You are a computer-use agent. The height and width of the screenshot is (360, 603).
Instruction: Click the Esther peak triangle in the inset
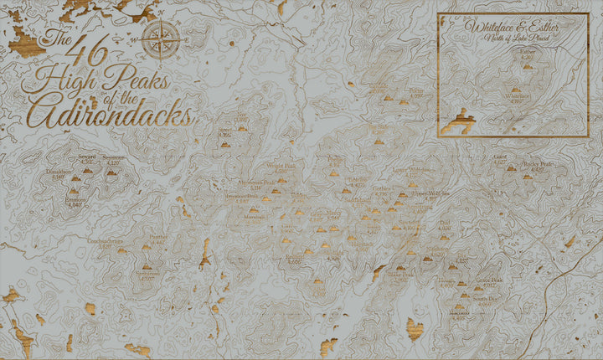tap(527, 65)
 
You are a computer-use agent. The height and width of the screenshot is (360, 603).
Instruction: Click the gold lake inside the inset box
tap(460, 122)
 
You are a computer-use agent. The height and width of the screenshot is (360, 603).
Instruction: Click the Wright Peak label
tap(281, 166)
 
